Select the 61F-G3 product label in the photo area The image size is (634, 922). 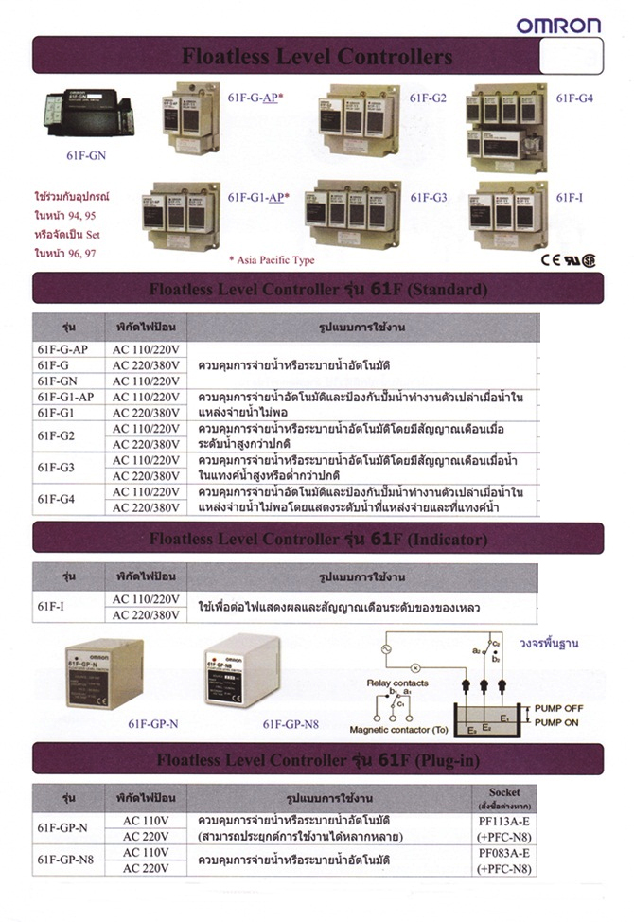click(428, 198)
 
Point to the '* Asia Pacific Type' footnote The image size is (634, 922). click(272, 259)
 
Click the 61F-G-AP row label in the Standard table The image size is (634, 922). click(62, 349)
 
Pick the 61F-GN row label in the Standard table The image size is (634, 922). click(58, 381)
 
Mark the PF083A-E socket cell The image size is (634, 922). click(504, 854)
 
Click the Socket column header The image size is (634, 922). click(504, 795)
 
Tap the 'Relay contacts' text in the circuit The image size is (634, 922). click(397, 683)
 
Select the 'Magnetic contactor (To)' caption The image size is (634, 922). click(399, 731)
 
